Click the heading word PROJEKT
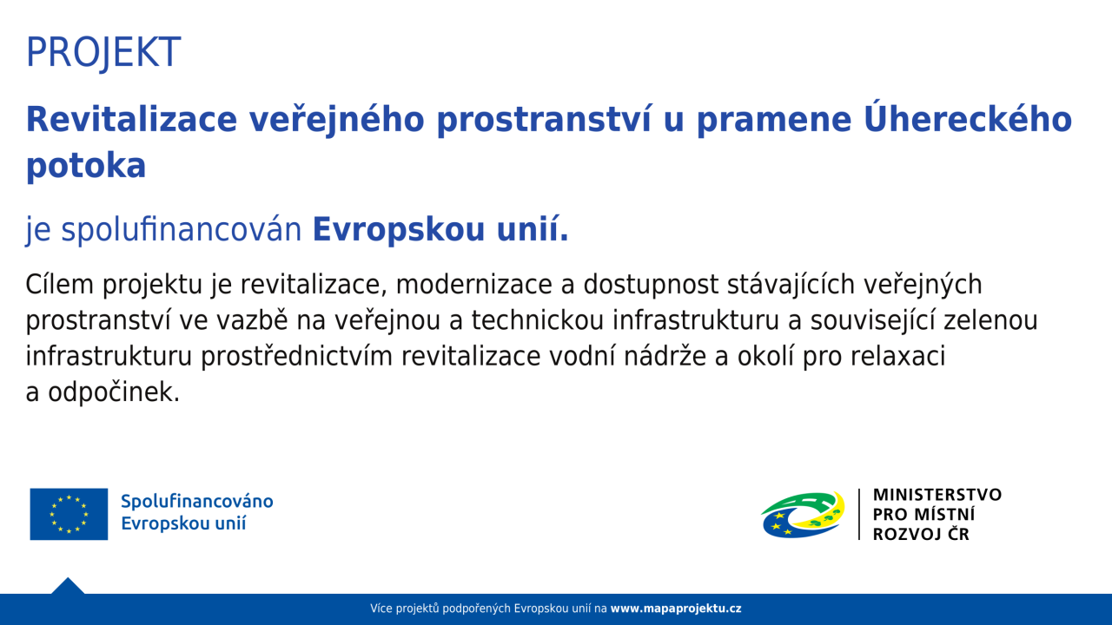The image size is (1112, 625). click(103, 52)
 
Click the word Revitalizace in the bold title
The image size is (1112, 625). click(131, 119)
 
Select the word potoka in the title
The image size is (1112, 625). click(86, 166)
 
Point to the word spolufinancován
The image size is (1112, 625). click(182, 230)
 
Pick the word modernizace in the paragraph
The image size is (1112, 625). click(474, 286)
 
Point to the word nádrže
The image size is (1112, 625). click(665, 356)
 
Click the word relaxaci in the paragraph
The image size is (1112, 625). click(898, 356)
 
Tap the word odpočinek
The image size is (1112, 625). click(114, 393)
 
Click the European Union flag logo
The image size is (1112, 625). click(69, 514)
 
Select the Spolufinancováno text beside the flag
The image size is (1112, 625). click(197, 502)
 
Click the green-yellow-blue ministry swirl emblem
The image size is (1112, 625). click(803, 515)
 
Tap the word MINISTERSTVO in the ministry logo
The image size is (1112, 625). click(937, 495)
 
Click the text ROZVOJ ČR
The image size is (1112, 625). click(921, 533)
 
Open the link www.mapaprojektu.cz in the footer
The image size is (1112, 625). click(676, 609)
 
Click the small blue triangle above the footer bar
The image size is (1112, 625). click(68, 587)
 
